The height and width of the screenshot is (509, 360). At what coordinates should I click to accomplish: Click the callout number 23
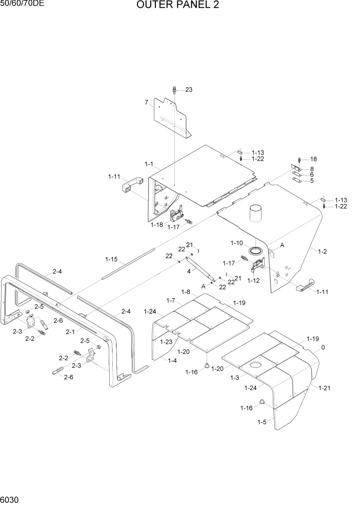(x=189, y=90)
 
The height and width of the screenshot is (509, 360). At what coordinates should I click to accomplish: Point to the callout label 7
(x=146, y=103)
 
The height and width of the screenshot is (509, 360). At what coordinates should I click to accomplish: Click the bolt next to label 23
(x=175, y=90)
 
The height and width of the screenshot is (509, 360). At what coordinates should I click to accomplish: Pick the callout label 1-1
(x=149, y=164)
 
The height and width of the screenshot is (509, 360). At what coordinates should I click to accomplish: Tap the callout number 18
(x=313, y=159)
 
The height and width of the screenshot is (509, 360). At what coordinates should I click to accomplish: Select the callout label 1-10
(x=237, y=242)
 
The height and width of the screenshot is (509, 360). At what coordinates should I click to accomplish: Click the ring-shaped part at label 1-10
(x=255, y=251)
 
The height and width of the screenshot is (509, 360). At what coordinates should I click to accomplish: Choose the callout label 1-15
(x=111, y=259)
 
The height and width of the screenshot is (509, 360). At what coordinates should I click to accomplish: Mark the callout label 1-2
(x=323, y=251)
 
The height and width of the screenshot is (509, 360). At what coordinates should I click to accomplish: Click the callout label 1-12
(x=253, y=281)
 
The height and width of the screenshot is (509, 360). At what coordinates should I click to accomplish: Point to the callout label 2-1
(x=71, y=332)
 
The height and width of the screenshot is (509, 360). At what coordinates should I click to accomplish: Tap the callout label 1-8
(x=185, y=291)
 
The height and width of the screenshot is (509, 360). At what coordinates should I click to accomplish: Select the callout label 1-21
(x=324, y=388)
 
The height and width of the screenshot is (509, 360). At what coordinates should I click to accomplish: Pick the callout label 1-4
(x=173, y=361)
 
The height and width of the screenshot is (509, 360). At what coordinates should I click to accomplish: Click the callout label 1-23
(x=166, y=342)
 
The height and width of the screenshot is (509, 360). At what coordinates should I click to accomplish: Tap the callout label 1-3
(x=235, y=378)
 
